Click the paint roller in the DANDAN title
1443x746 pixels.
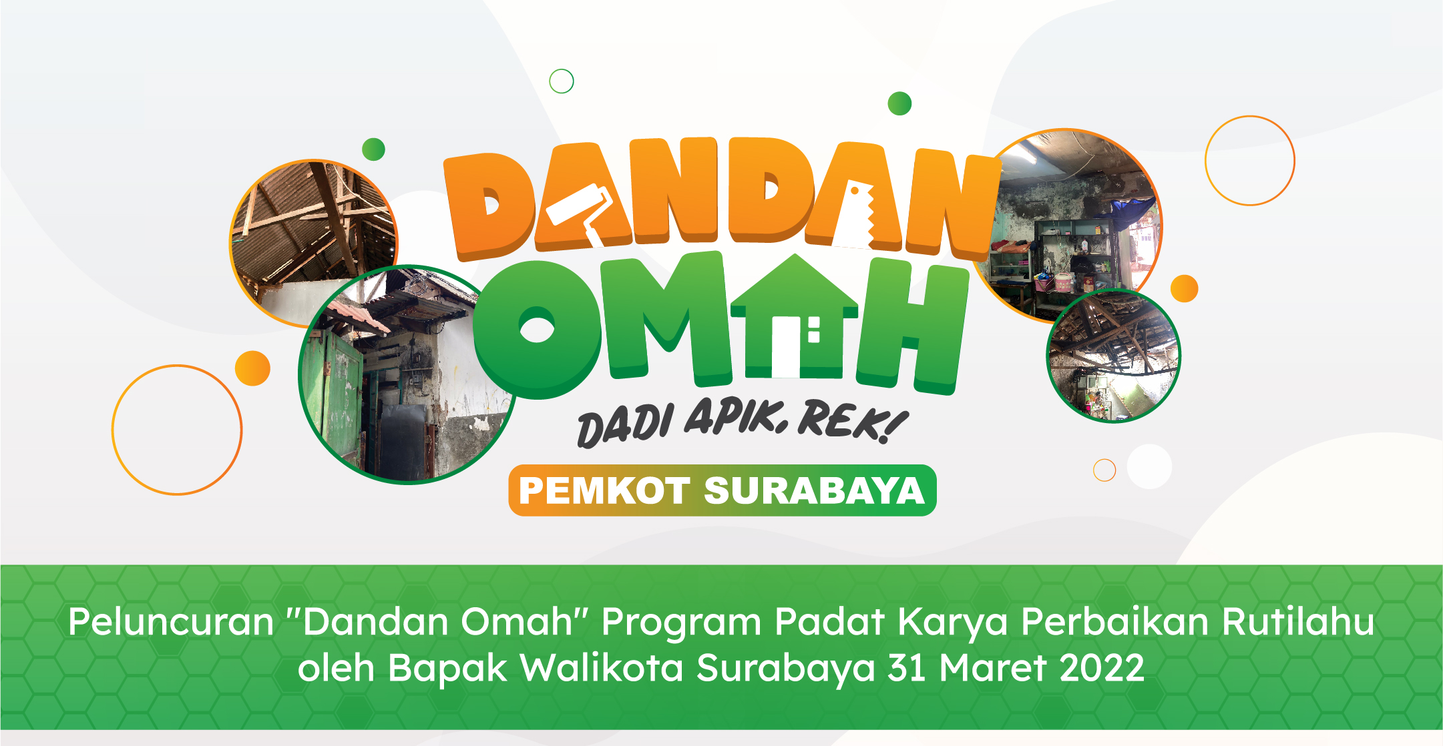(578, 207)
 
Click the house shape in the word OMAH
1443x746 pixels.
(794, 314)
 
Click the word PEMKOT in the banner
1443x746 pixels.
(604, 491)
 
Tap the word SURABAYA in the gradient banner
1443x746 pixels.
(814, 491)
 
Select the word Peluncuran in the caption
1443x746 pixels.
(171, 622)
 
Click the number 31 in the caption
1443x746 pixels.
(906, 668)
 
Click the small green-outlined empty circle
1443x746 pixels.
(561, 81)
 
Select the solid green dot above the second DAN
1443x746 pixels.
(899, 103)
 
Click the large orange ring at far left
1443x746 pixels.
(177, 430)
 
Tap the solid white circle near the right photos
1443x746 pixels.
(1149, 466)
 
